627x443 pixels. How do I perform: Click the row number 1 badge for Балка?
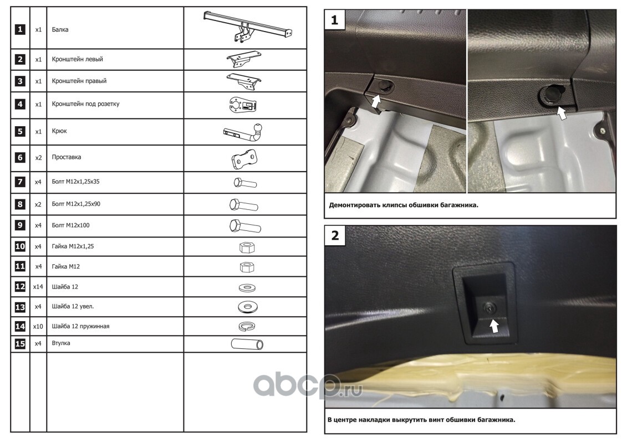pos(20,29)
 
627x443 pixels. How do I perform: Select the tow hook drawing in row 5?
pos(243,132)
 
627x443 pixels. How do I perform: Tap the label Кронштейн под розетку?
pos(85,104)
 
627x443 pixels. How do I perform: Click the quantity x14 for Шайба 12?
pos(38,287)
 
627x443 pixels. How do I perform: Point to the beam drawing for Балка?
pos(247,27)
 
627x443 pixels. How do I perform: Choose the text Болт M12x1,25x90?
pos(76,204)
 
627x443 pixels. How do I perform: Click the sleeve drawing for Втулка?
pos(247,344)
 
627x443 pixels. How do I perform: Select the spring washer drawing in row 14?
pos(247,326)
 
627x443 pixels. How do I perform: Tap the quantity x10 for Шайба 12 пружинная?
pos(38,326)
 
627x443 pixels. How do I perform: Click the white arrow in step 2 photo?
pos(495,326)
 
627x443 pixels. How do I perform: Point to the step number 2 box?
pos(335,235)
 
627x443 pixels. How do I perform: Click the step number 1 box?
pos(335,19)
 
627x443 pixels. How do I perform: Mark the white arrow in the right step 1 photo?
pos(562,113)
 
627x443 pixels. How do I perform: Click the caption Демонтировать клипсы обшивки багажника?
pos(404,205)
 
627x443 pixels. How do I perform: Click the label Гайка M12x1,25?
pos(73,246)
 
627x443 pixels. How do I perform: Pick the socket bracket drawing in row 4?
pos(243,105)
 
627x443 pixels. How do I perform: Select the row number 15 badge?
pos(20,343)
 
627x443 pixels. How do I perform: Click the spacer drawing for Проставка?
pos(244,158)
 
